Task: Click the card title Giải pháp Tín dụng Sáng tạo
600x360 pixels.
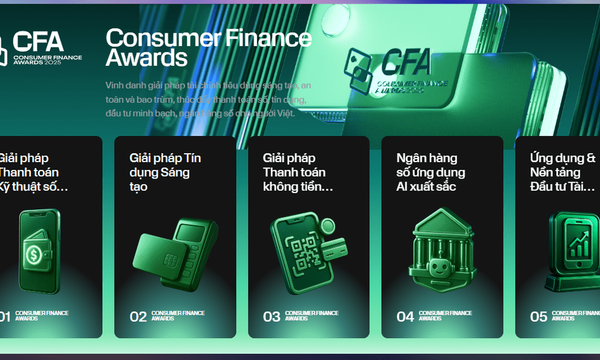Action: point(165,172)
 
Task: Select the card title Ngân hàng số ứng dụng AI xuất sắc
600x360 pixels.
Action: point(431,172)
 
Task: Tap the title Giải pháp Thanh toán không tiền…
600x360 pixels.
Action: point(298,172)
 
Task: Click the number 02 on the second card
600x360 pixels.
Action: point(139,316)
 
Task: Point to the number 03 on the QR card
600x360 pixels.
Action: point(272,316)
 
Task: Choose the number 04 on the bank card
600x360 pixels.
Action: point(405,316)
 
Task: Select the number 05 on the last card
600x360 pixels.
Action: point(538,316)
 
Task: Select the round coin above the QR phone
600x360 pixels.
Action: point(327,226)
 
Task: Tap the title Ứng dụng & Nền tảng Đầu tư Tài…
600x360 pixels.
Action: point(562,172)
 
